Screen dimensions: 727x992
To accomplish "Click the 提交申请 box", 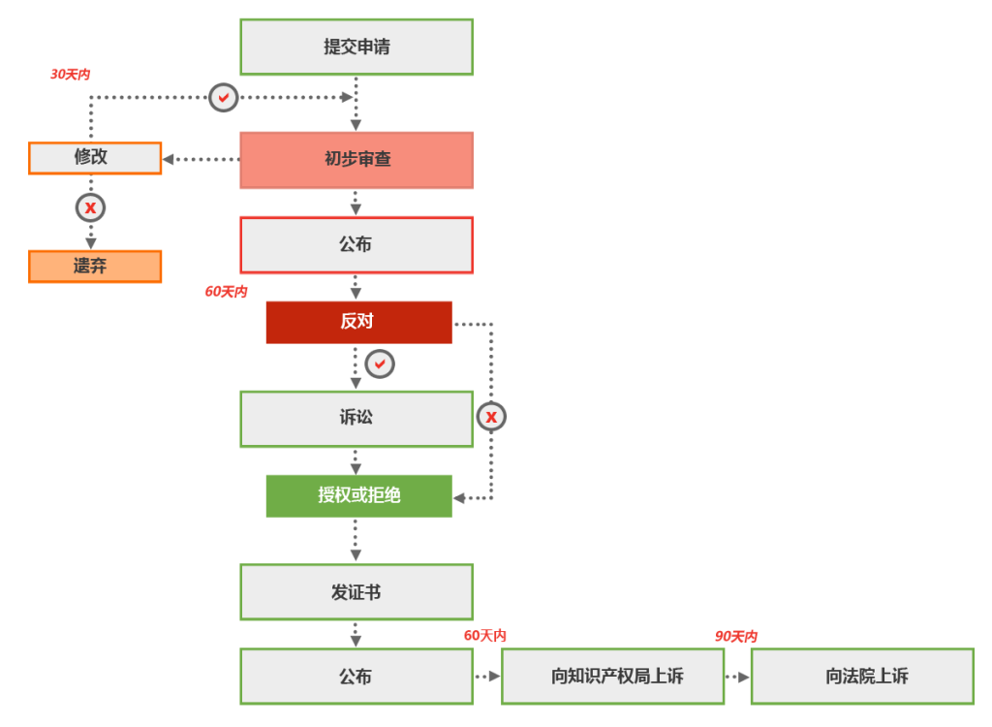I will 356,47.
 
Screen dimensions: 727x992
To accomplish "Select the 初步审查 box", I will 356,160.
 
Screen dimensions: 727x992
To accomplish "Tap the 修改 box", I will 95,158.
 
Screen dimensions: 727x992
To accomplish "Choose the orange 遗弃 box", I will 95,267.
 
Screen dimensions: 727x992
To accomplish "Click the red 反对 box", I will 358,322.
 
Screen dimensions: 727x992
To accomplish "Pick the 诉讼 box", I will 356,419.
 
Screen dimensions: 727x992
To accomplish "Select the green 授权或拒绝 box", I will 358,495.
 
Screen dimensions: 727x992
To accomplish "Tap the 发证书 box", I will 356,591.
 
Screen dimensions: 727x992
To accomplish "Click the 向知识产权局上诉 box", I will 612,677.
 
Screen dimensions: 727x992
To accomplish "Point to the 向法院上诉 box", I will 862,677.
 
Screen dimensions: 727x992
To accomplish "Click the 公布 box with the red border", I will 356,245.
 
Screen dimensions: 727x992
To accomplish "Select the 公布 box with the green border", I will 356,677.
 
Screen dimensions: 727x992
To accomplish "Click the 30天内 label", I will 70,75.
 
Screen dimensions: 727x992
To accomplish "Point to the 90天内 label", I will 736,637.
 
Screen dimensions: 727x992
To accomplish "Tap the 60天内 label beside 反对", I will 226,292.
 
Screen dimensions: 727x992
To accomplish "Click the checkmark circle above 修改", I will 224,97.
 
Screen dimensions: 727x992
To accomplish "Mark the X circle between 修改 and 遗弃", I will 90,207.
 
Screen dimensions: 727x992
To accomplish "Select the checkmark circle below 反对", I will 380,363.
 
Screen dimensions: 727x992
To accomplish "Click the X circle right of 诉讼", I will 491,417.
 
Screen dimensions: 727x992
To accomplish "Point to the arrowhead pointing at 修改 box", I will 169,159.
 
